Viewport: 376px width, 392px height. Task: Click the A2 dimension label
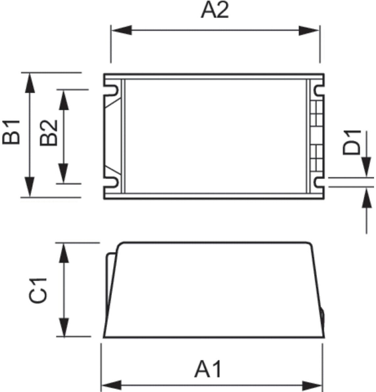tap(215, 10)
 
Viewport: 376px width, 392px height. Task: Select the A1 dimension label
tap(208, 369)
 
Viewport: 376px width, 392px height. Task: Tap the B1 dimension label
tap(11, 132)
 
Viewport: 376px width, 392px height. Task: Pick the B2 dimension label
tap(49, 133)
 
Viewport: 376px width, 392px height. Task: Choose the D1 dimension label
tap(352, 142)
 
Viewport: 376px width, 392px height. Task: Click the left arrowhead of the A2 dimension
tap(122, 30)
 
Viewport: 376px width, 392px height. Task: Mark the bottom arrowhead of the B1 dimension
tap(30, 186)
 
